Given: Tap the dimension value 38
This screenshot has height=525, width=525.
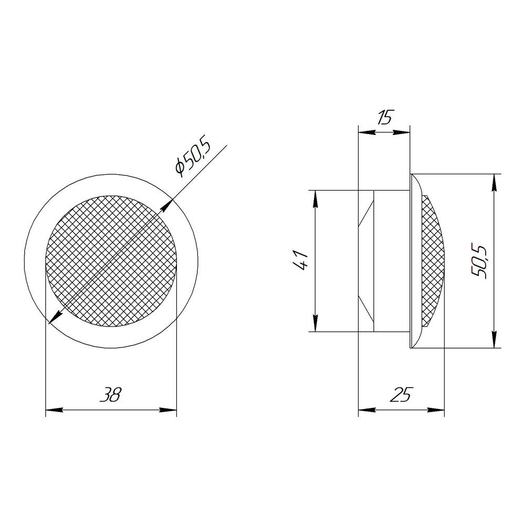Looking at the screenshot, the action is coord(110,395).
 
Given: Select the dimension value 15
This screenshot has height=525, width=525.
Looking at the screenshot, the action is coord(384,118).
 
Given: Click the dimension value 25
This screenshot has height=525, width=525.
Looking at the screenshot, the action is coord(401,395).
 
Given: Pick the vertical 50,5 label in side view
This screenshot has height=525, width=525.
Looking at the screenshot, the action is coord(479,262).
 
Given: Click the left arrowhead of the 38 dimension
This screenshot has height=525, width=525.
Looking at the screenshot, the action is coord(54,410).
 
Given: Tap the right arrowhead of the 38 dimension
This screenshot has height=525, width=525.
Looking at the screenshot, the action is coord(168,410).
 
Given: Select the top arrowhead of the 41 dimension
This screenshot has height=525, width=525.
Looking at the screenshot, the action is coord(315,199).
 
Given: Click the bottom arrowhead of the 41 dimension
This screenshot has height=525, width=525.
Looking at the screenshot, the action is coord(315,323).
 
